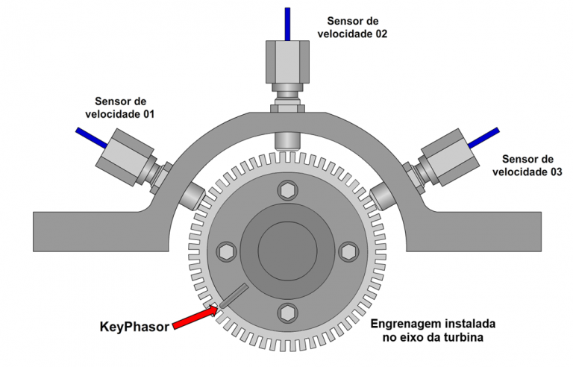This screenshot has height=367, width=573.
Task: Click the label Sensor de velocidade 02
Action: click(x=352, y=28)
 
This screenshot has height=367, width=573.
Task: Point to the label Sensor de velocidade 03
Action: click(x=527, y=166)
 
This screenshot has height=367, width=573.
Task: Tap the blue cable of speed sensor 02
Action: click(x=287, y=22)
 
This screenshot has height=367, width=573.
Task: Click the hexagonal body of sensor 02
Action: click(x=287, y=63)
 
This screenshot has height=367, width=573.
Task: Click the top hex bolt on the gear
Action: click(x=286, y=190)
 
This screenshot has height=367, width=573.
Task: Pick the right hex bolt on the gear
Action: click(x=347, y=251)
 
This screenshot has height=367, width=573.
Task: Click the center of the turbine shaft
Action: click(x=286, y=251)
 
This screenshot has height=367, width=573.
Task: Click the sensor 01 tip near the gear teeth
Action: click(x=191, y=195)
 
